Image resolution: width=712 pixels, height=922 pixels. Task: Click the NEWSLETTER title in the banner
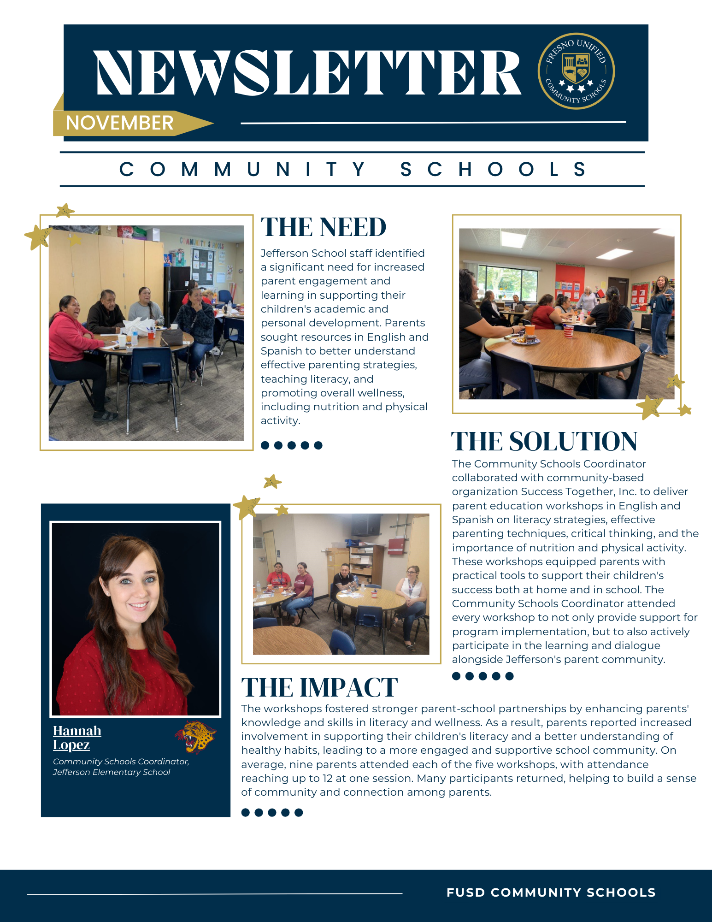coord(308,73)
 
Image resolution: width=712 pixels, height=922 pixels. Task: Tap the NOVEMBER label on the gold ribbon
coord(119,123)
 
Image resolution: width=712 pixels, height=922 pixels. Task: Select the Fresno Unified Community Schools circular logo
coord(576,71)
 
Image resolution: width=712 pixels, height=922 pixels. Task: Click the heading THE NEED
coord(324,227)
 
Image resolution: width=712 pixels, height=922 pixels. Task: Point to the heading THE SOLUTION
coord(544,442)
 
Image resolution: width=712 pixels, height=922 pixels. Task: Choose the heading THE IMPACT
coord(319,688)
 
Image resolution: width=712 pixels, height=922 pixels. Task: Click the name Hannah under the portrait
coord(77,731)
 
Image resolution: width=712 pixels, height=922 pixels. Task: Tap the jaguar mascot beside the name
coord(196,736)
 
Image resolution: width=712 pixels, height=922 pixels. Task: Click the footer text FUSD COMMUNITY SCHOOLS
coord(551,892)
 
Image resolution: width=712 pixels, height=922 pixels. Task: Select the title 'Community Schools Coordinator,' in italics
coord(121,762)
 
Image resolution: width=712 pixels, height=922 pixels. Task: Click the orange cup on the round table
coord(530,330)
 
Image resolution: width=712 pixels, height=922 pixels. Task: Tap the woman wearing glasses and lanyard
coord(412,595)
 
